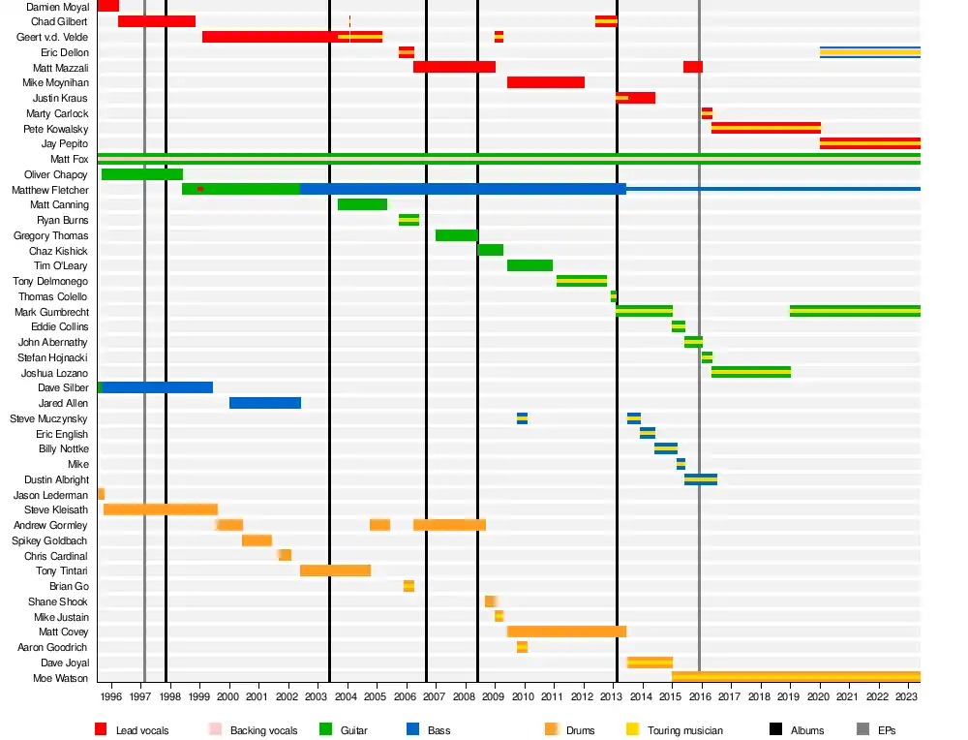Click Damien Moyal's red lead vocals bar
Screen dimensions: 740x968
point(107,6)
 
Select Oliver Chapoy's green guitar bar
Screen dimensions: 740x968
point(141,174)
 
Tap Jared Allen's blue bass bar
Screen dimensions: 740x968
point(264,403)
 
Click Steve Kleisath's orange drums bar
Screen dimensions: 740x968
point(160,509)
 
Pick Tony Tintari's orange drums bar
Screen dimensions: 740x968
point(335,570)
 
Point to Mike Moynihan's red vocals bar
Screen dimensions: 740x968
point(545,82)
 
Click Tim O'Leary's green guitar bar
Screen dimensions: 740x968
point(529,265)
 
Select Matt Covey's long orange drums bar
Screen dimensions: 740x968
point(566,632)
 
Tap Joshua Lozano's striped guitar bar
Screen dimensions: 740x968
point(750,372)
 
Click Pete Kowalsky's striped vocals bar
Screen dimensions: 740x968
point(766,128)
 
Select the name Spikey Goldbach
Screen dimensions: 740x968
point(50,540)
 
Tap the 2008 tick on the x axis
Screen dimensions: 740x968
point(464,695)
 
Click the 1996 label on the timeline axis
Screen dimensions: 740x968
point(111,695)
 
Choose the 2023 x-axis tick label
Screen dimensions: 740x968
point(906,695)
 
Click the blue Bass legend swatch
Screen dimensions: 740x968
point(413,729)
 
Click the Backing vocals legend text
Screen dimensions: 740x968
point(263,730)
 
